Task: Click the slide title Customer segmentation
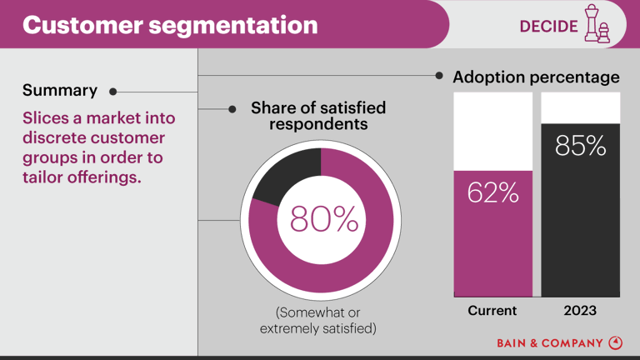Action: pos(170,25)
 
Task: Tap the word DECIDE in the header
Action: pos(547,26)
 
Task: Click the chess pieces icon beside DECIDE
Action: pos(597,25)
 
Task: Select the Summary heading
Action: pos(60,91)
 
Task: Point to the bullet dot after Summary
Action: pos(112,92)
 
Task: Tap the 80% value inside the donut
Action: pos(323,219)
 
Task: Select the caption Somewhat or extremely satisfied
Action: pos(317,321)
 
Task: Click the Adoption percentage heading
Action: pos(536,77)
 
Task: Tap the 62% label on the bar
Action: pos(492,194)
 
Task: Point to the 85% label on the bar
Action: pos(580,147)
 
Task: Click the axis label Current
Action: pos(492,311)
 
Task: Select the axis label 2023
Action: pos(580,311)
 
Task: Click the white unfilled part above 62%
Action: pos(492,131)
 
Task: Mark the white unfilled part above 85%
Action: pos(580,107)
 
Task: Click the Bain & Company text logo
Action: pos(550,342)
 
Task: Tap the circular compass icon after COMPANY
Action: pos(616,342)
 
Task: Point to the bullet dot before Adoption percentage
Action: pos(439,76)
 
